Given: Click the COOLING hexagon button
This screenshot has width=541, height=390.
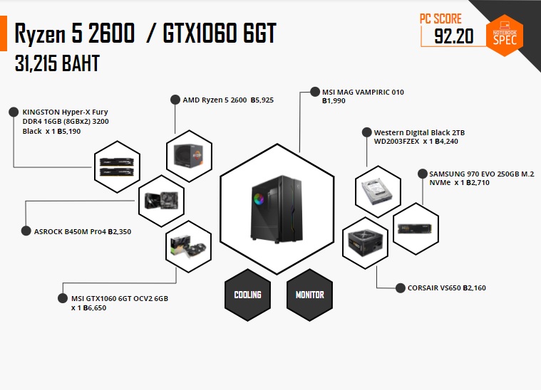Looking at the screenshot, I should [247, 295].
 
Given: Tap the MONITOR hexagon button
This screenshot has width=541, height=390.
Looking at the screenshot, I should [309, 295].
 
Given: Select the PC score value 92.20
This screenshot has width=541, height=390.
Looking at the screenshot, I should [454, 36].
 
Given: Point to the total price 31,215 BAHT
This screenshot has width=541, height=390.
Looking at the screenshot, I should [57, 64].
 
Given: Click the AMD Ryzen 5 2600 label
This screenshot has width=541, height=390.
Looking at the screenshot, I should [228, 100].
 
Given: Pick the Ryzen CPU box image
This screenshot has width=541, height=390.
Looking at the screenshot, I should [189, 153].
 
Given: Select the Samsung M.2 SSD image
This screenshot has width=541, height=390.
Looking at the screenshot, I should [416, 228].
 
